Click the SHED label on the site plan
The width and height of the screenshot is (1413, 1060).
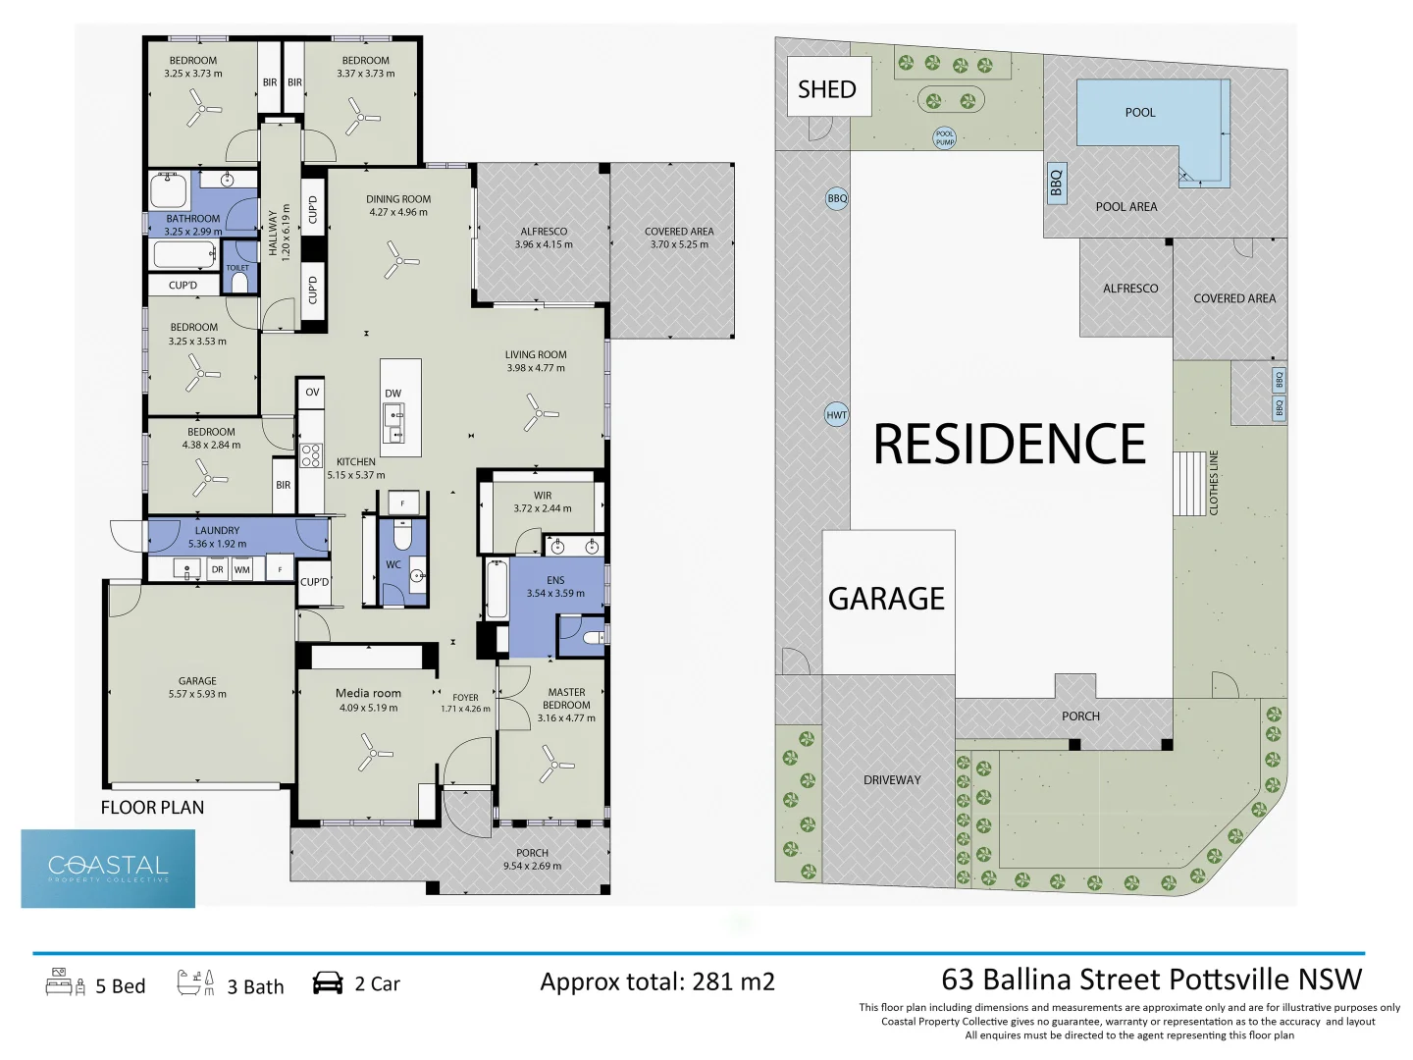(x=826, y=89)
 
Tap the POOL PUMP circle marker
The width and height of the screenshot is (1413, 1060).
(x=944, y=138)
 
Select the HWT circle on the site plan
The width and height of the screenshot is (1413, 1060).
(x=836, y=414)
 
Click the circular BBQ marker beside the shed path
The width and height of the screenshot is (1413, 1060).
(x=837, y=198)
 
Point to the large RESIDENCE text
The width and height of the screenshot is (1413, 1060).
(x=1010, y=445)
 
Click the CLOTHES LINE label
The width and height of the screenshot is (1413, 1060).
(x=1214, y=483)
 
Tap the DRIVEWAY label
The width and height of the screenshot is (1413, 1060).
(x=892, y=780)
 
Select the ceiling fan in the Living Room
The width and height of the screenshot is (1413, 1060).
(x=538, y=412)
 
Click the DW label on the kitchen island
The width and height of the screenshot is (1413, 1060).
(x=392, y=394)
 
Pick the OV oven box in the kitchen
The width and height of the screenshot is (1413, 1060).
(x=312, y=392)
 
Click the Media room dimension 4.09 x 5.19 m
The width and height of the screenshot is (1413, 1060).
(x=368, y=708)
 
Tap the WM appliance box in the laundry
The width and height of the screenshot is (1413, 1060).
(x=242, y=569)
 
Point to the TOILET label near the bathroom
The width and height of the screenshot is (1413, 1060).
(x=237, y=268)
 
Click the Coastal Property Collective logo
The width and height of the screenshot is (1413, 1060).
(x=108, y=868)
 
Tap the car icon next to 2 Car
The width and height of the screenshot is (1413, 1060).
(x=328, y=983)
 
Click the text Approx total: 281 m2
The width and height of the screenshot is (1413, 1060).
(x=656, y=981)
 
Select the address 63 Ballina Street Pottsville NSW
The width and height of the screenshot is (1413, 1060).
(x=1151, y=980)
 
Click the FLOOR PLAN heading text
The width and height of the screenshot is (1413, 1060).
(x=152, y=808)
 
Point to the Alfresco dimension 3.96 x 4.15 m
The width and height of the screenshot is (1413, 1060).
(x=544, y=244)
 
